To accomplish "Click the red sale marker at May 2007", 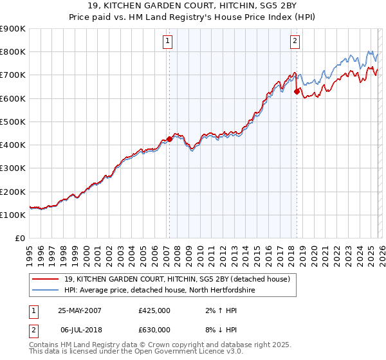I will coord(169,139).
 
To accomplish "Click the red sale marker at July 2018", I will coord(297,91).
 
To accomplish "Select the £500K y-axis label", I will coord(13,122).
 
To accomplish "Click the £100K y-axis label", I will coord(13,215).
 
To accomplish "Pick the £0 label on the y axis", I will coord(19,238).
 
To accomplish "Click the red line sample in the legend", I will coord(46,279).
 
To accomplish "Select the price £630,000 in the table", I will coord(154,329).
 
